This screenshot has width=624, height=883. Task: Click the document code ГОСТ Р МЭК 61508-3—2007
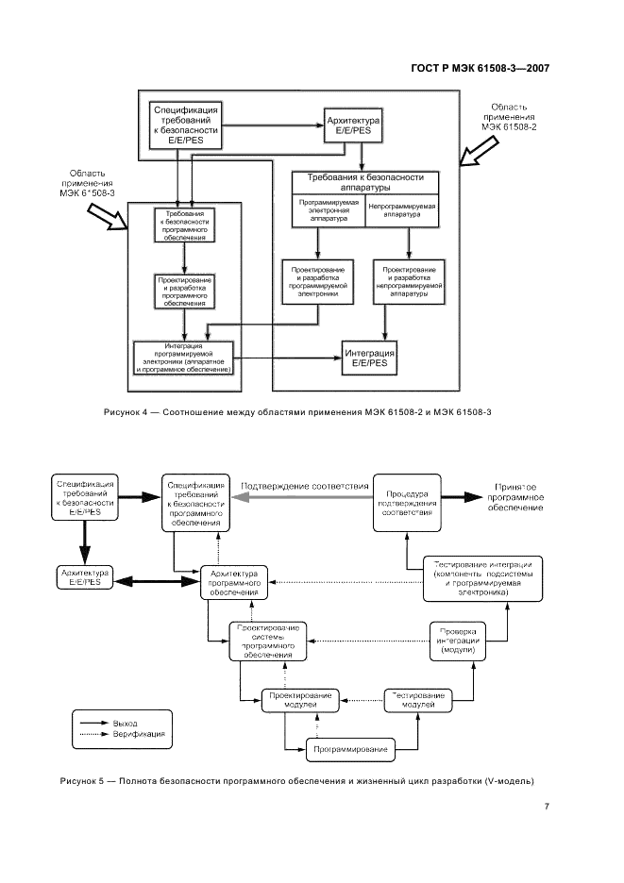pyautogui.click(x=481, y=68)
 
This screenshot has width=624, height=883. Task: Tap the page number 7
pyautogui.click(x=547, y=806)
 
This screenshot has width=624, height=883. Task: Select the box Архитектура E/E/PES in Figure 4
pyautogui.click(x=352, y=127)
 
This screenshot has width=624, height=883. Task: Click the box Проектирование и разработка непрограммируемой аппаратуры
pyautogui.click(x=409, y=280)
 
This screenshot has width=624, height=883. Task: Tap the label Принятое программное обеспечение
pyautogui.click(x=515, y=497)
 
